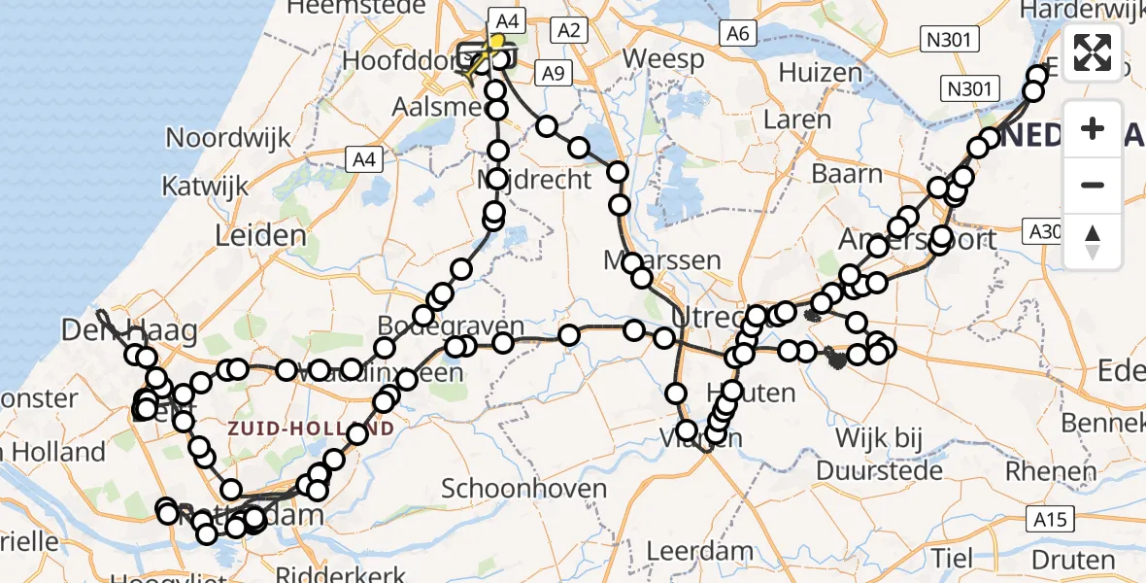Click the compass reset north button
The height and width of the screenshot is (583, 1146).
point(1093,242)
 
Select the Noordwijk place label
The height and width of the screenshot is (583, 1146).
point(229,137)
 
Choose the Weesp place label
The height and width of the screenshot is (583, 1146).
point(663,59)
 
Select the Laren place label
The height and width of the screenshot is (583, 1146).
point(797,120)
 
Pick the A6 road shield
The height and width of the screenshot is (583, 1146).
point(738,34)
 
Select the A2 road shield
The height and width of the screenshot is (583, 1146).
point(569,31)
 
